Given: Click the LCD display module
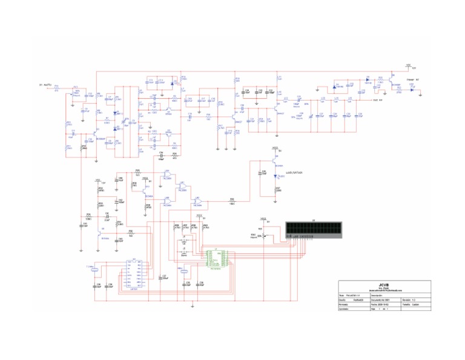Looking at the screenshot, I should coord(314,230).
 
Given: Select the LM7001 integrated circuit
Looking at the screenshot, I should coord(134,273).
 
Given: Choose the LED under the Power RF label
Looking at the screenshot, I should coord(412,88).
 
